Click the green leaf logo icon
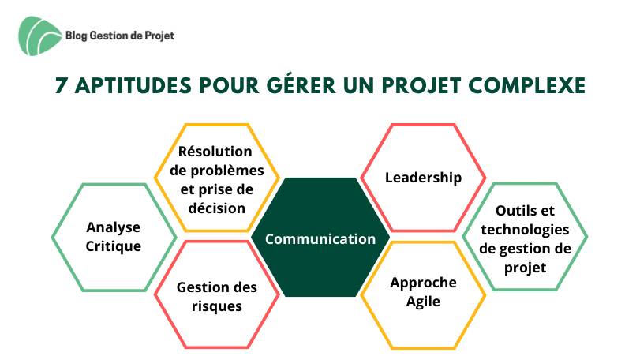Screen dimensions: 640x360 pyautogui.click(x=39, y=36)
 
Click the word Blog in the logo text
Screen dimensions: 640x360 pyautogui.click(x=77, y=36)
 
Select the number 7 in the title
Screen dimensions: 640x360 pyautogui.click(x=61, y=86)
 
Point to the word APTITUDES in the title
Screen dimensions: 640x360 pyautogui.click(x=133, y=86)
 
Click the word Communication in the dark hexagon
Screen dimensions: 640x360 pyautogui.click(x=320, y=238)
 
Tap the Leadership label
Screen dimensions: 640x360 pyautogui.click(x=423, y=178)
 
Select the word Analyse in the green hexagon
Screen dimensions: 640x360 pyautogui.click(x=113, y=227)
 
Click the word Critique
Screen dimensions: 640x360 pyautogui.click(x=113, y=246)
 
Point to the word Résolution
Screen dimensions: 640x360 pyautogui.click(x=215, y=151)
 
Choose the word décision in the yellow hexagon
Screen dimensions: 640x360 pyautogui.click(x=217, y=208)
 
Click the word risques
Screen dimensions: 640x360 pyautogui.click(x=217, y=306)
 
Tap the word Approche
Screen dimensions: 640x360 pyautogui.click(x=423, y=283)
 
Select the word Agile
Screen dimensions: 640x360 pyautogui.click(x=423, y=302)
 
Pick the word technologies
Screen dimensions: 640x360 pyautogui.click(x=525, y=230)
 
